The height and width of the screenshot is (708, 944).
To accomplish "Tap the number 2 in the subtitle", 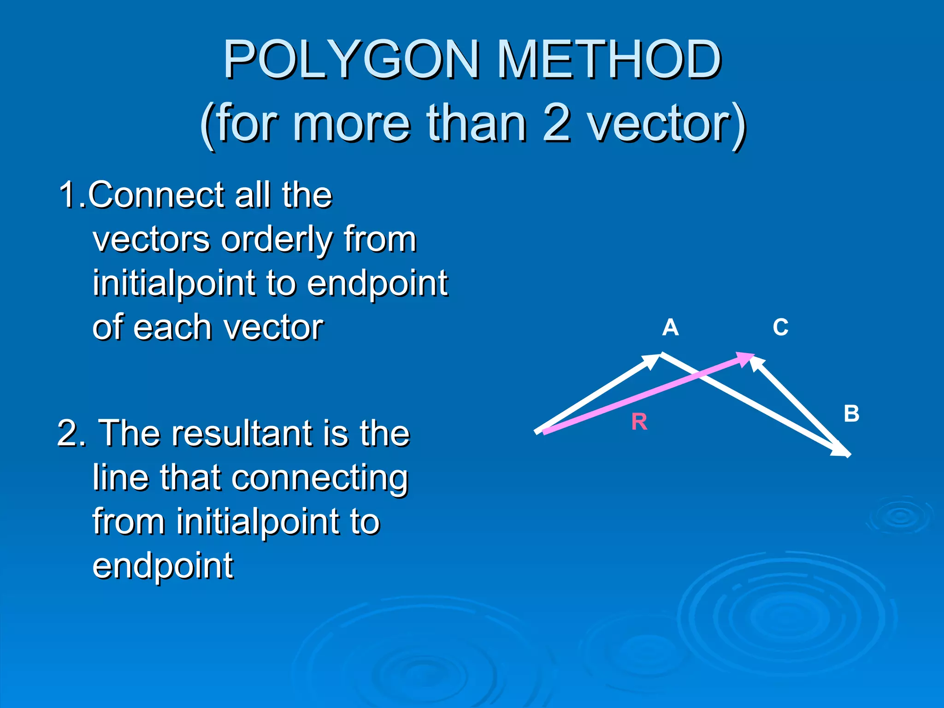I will tap(556, 124).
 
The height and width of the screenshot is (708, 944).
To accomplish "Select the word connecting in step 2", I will tap(320, 478).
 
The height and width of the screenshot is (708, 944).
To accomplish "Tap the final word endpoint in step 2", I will tap(163, 566).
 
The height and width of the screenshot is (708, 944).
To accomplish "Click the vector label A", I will tap(670, 328).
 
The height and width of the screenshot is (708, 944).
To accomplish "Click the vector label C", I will tap(780, 327).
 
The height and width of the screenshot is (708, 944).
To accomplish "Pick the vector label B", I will tap(851, 413).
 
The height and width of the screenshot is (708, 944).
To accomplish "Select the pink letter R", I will tap(639, 422).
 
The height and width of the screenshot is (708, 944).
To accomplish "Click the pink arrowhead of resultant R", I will tap(745, 358).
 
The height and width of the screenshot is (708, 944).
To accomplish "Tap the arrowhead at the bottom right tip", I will tap(841, 451).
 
